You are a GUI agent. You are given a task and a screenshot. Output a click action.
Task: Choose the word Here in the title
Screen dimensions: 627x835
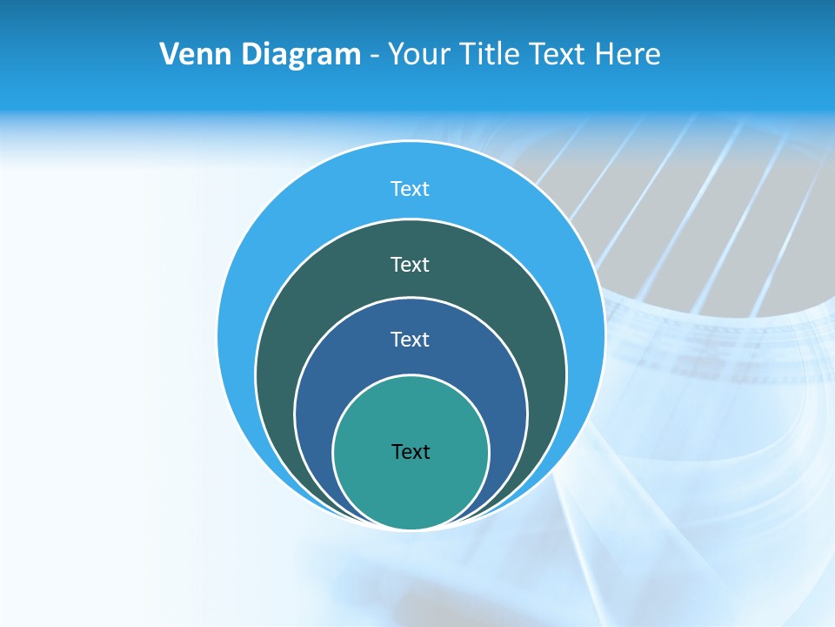pyautogui.click(x=627, y=55)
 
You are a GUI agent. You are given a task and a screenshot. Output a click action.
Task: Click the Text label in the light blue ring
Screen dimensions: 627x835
pyautogui.click(x=411, y=189)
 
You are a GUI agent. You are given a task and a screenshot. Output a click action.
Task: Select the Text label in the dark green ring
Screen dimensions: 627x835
pyautogui.click(x=411, y=264)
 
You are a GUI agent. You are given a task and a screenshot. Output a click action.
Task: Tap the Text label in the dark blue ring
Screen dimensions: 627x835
pyautogui.click(x=411, y=340)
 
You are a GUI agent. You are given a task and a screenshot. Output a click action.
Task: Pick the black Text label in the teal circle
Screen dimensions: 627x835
pyautogui.click(x=411, y=452)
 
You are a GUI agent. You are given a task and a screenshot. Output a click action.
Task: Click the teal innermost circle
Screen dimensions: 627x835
pyautogui.click(x=411, y=488)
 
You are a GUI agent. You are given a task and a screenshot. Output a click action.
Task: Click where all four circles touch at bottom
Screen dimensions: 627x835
pyautogui.click(x=411, y=529)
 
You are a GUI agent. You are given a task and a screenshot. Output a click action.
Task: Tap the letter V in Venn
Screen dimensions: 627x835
pyautogui.click(x=170, y=55)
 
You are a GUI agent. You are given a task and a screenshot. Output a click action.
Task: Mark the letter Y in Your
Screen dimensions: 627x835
pyautogui.click(x=396, y=55)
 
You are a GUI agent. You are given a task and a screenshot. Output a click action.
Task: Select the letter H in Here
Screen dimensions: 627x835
pyautogui.click(x=605, y=55)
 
